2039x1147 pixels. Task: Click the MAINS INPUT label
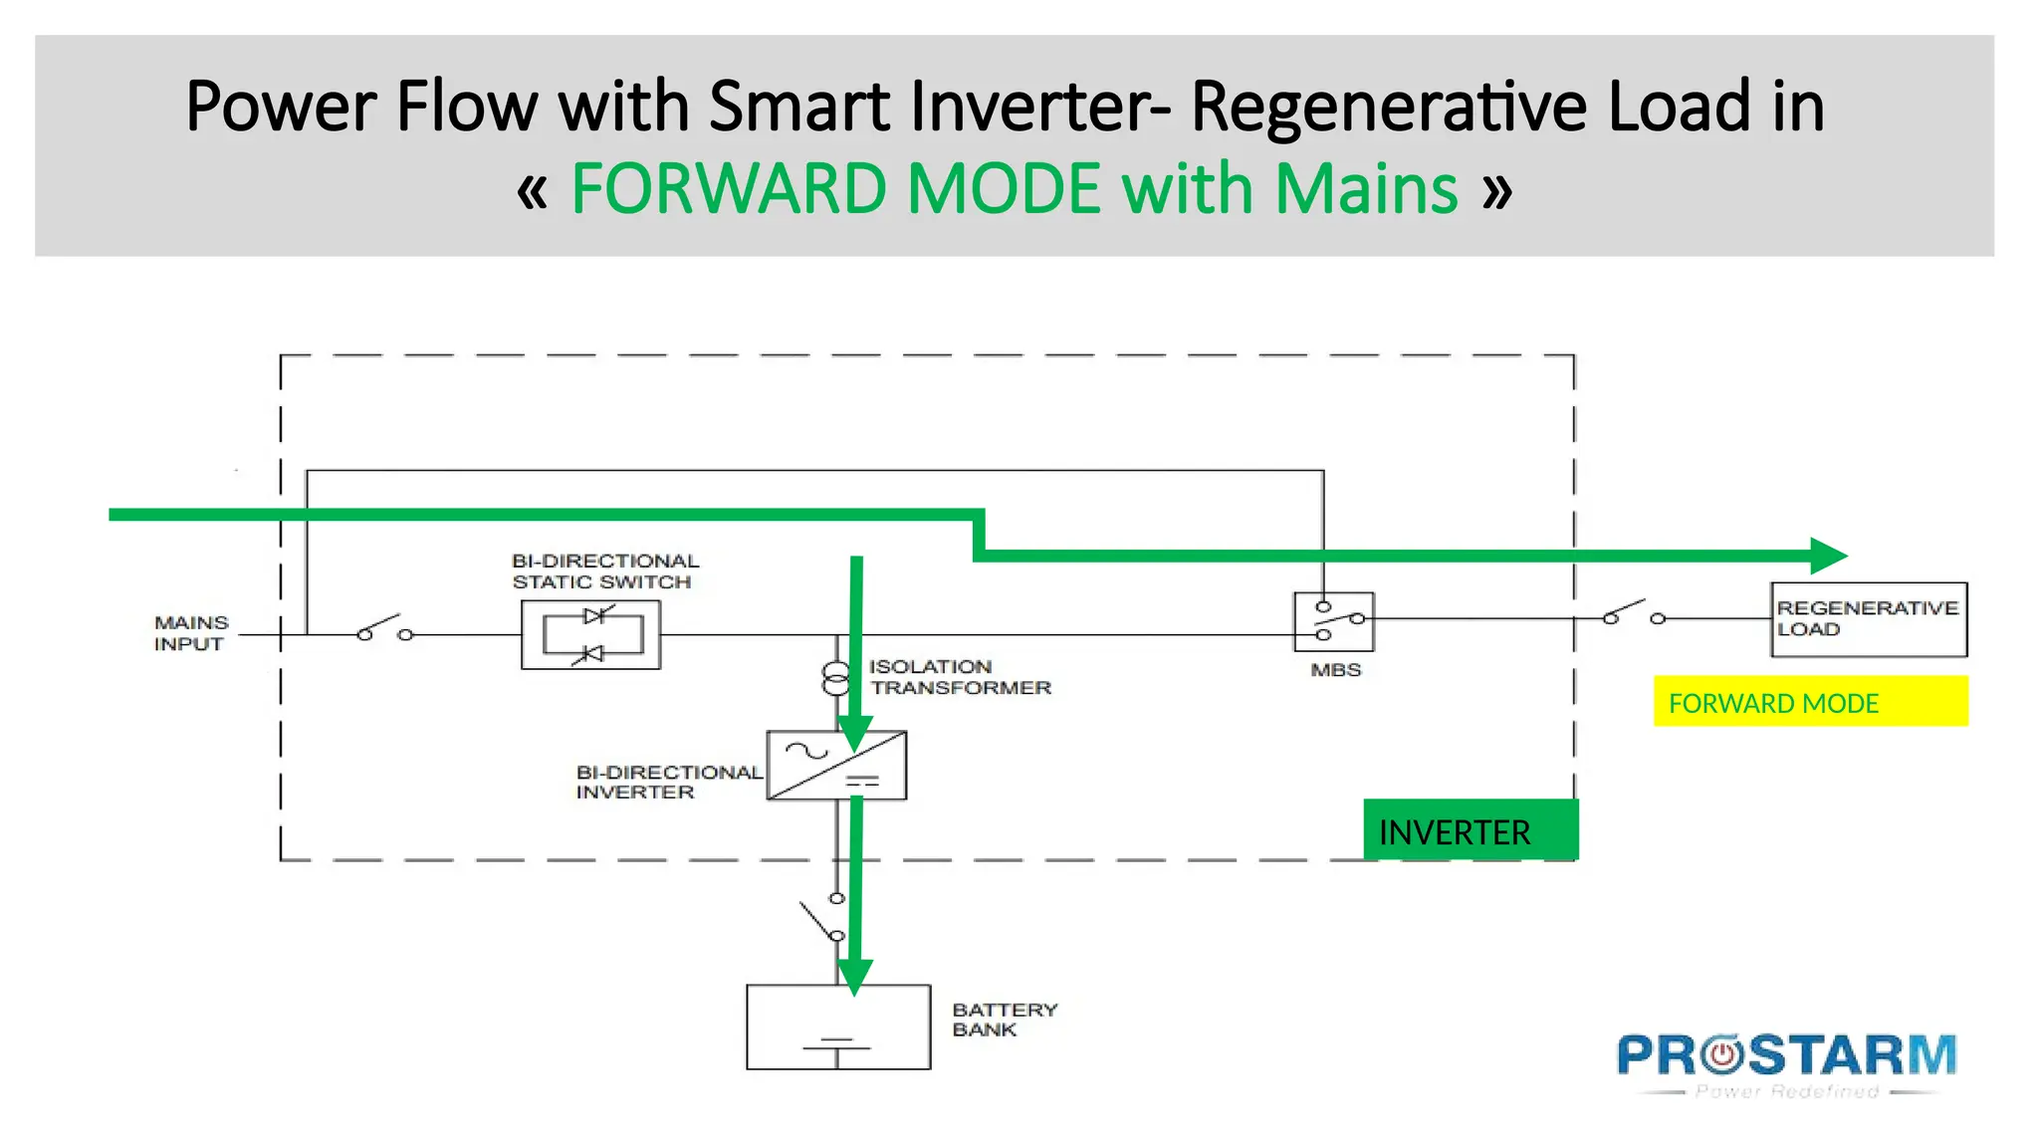[190, 633]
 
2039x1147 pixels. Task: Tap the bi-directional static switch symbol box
[590, 634]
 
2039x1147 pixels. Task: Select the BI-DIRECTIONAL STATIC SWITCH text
[603, 572]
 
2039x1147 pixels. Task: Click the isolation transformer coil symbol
[836, 678]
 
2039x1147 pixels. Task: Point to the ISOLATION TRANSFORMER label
[959, 677]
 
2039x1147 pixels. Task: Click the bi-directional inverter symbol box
[836, 765]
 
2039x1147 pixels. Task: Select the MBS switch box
[1333, 621]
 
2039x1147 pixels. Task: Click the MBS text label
[1335, 670]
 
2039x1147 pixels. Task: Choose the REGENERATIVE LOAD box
[1868, 619]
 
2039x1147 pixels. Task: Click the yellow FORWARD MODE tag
[1809, 702]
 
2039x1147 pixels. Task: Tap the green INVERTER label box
[1470, 830]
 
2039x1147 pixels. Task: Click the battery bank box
[838, 1027]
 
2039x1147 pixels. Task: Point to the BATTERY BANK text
[1003, 1020]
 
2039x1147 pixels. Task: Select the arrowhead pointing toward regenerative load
[1828, 556]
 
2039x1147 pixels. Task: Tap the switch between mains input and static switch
[384, 628]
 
